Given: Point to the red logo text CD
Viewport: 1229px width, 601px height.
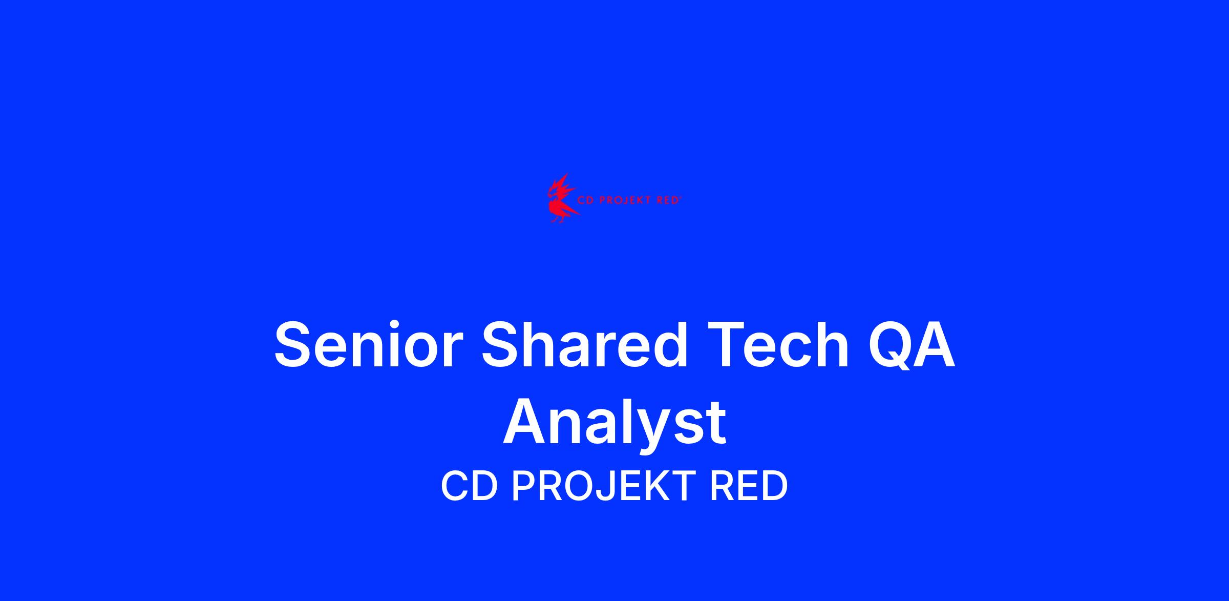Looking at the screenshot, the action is (x=586, y=201).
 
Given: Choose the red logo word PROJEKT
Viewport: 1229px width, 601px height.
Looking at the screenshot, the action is (x=624, y=201).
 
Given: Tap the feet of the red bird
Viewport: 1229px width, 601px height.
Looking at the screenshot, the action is (x=557, y=219).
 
